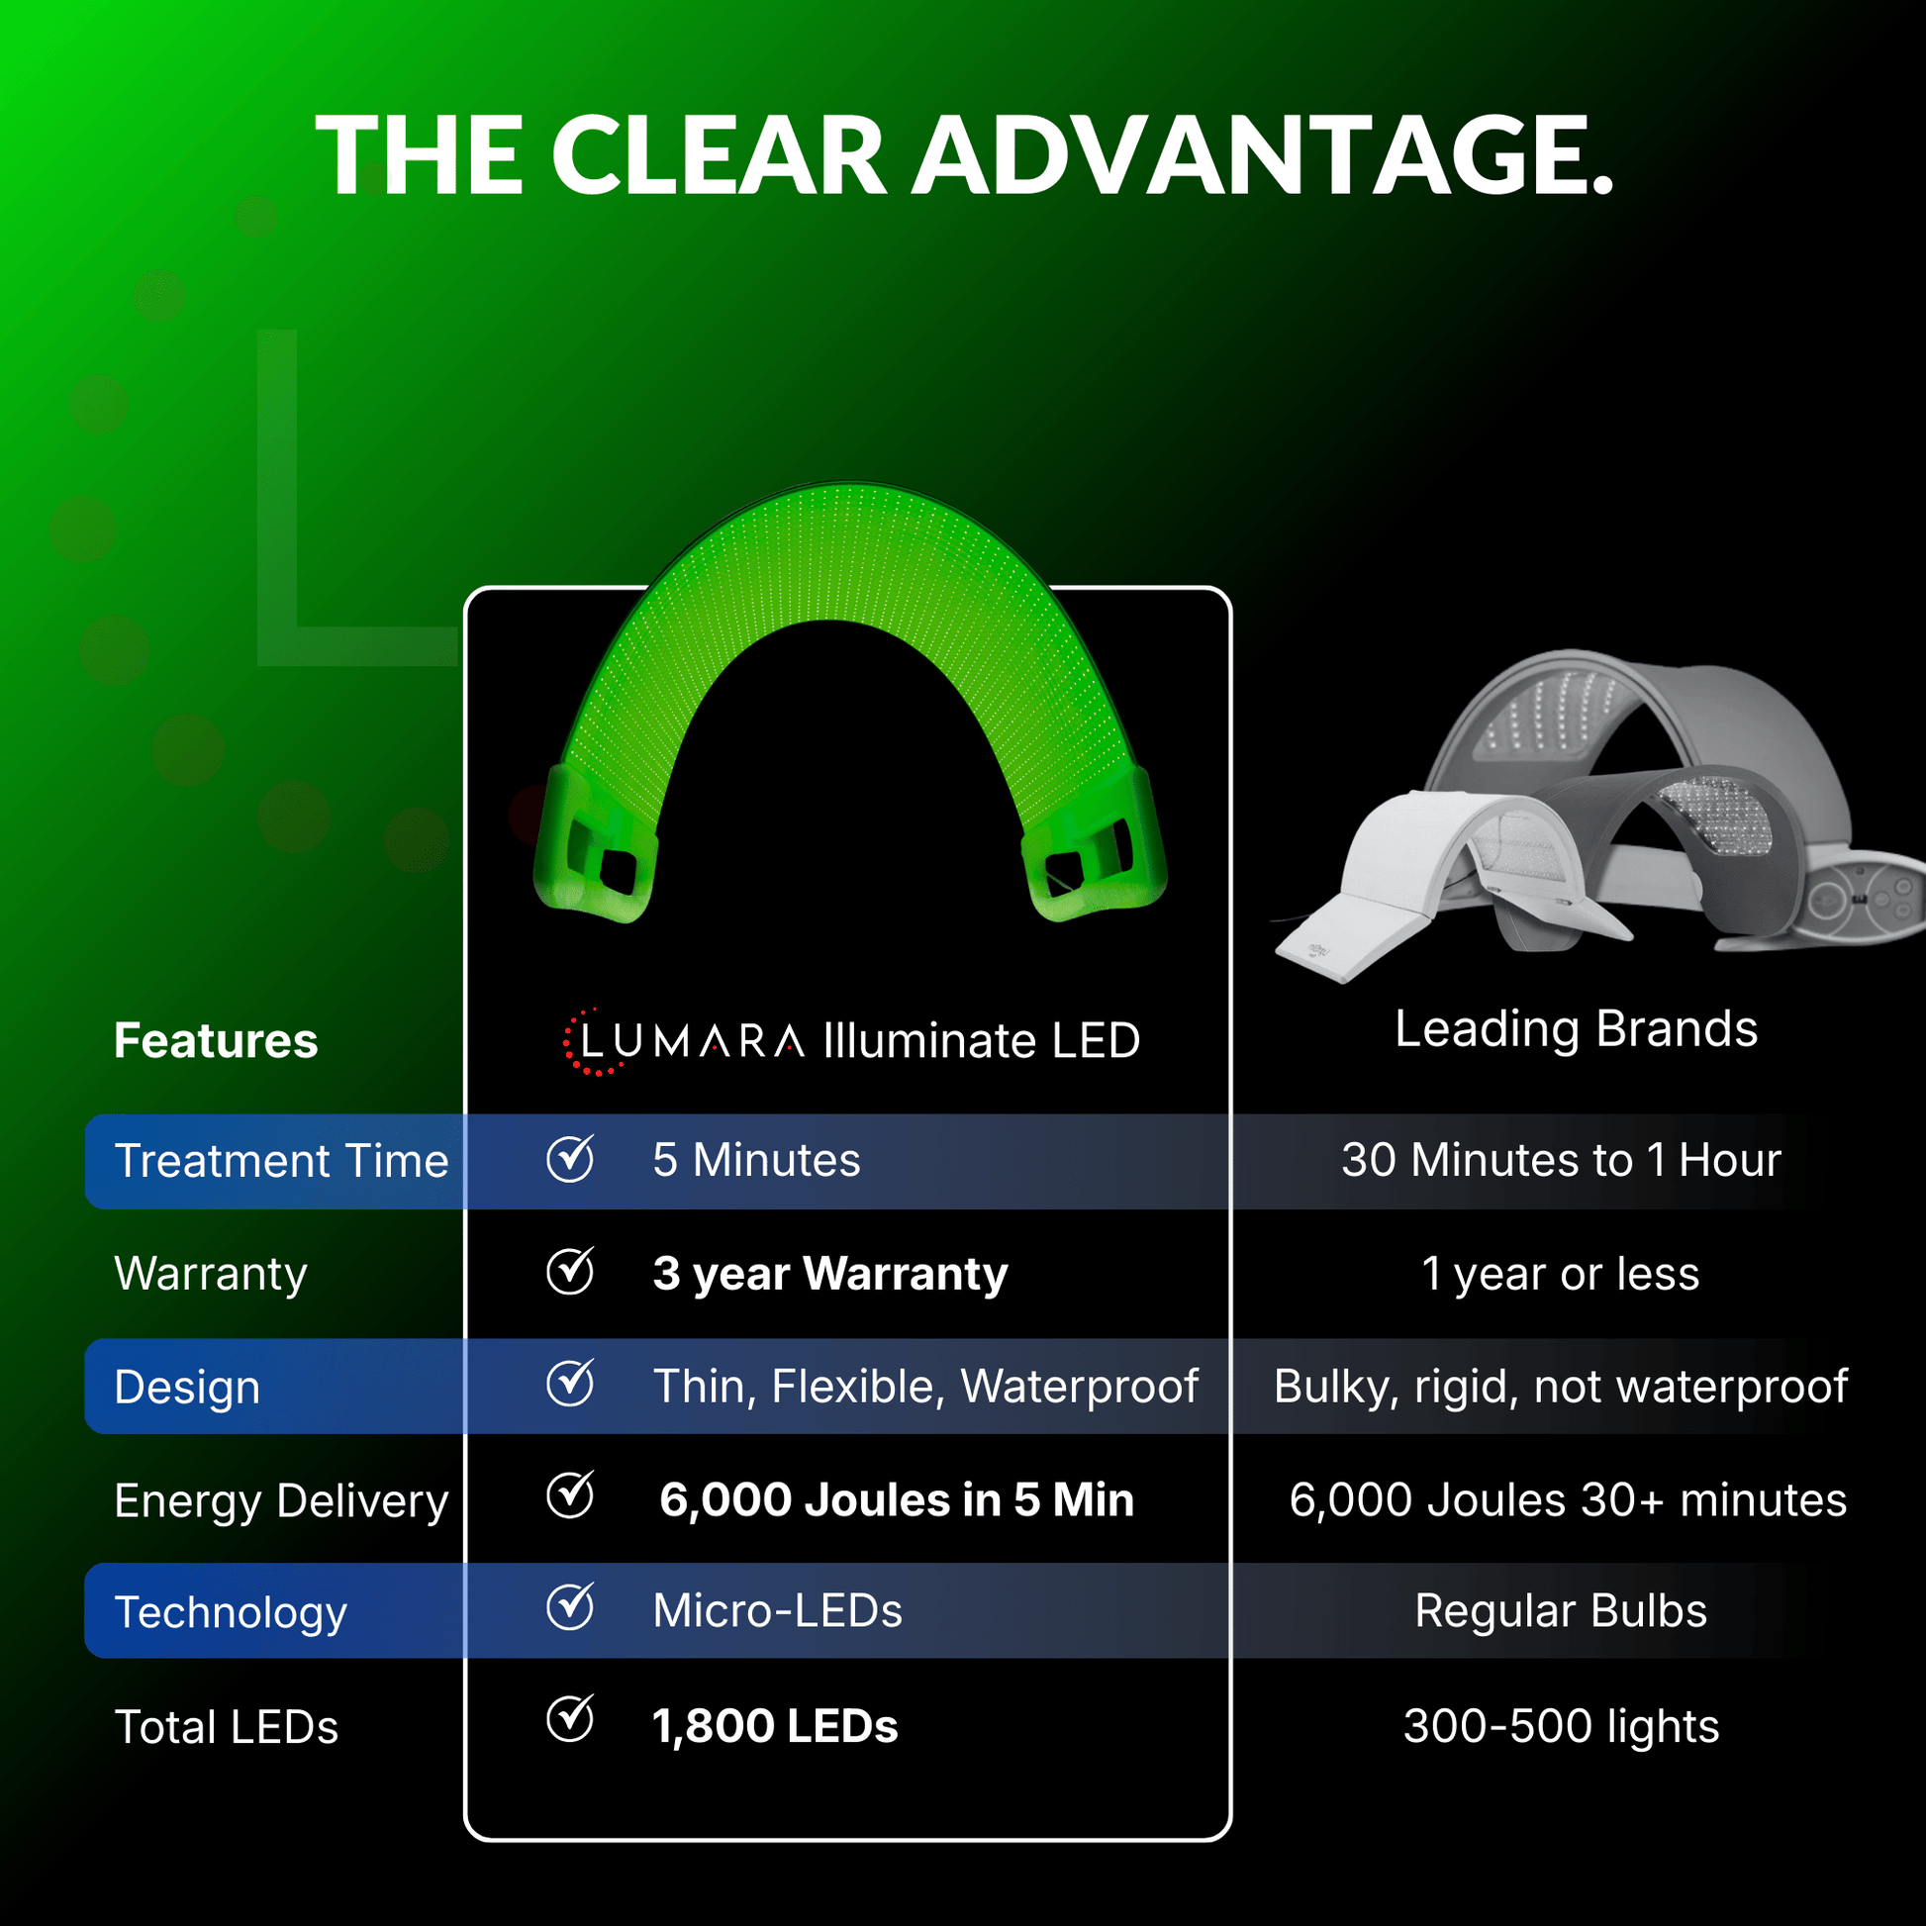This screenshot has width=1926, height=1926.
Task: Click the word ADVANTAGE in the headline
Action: coord(1262,155)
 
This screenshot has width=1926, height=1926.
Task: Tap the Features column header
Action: coord(216,1041)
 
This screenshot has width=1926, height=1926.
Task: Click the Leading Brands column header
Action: coord(1576,1028)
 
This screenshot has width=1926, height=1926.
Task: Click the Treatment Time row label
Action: coord(281,1160)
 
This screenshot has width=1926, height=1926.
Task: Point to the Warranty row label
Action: coord(211,1274)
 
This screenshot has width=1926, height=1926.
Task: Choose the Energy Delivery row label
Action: coord(281,1501)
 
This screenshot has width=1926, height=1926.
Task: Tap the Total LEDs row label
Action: coord(227,1728)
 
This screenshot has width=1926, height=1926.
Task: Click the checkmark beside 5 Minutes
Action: coord(571,1157)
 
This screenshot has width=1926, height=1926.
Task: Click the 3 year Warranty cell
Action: coord(830,1274)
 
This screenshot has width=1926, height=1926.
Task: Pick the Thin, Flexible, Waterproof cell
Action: coord(925,1387)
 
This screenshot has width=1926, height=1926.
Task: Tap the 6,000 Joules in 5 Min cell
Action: coord(898,1499)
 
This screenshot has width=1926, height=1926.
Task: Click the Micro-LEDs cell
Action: coord(778,1611)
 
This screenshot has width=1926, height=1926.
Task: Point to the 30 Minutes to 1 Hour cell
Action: coord(1561,1159)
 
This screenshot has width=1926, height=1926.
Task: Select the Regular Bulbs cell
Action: coord(1561,1611)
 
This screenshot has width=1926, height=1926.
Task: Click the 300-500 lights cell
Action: coord(1561,1727)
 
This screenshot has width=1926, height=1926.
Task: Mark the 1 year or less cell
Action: coord(1560,1274)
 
